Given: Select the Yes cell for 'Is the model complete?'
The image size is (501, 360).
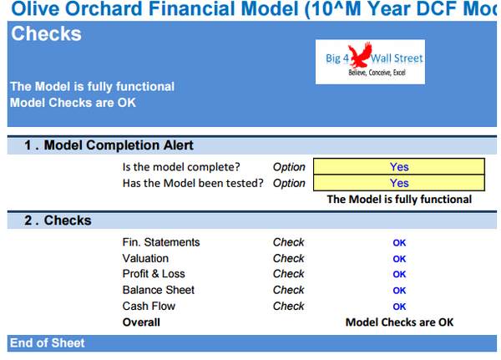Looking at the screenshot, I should coord(398,167).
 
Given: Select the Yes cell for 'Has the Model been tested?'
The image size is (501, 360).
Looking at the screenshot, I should coord(398,183).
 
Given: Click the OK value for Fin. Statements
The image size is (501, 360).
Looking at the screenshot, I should coord(399,243).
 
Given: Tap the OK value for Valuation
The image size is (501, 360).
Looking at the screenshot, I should coord(399,259).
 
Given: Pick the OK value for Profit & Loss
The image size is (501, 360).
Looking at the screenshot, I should coord(399,275).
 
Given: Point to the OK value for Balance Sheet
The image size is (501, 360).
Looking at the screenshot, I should coord(399,291).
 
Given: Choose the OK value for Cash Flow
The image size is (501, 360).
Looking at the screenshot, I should coord(399,307).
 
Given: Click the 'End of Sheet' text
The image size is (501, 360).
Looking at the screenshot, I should coord(48,343).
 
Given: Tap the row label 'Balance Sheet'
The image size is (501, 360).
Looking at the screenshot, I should coord(159,290).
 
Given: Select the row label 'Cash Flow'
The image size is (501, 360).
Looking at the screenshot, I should coord(149,306).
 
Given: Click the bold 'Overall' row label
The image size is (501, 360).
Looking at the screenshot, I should coord(142,322).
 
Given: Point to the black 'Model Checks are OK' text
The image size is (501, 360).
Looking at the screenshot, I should coord(399,322).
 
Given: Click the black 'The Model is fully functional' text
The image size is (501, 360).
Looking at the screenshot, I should coord(398,200).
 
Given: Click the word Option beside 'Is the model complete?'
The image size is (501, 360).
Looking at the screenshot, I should coord(289,167).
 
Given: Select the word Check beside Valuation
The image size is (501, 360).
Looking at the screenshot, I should coord(288,259).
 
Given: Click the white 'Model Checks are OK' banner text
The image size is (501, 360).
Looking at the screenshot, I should coord(73,103).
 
